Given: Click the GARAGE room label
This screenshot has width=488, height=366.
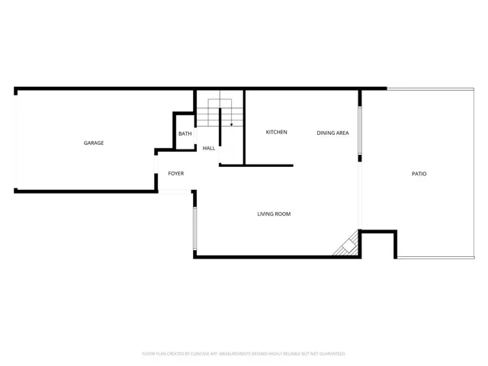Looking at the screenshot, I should [94, 143].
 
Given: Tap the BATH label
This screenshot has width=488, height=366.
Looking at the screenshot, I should [185, 134].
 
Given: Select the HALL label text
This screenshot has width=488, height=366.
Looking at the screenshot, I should [208, 148].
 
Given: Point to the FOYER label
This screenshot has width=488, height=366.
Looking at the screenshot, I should [176, 174].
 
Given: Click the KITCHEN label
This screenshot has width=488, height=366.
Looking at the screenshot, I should [276, 133].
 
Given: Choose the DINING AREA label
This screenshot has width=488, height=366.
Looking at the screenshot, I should [332, 133].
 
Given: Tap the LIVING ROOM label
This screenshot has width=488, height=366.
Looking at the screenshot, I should [274, 214].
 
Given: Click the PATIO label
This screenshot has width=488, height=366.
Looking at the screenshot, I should [419, 174].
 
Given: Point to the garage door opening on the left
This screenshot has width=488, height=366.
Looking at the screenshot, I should [15, 141].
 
